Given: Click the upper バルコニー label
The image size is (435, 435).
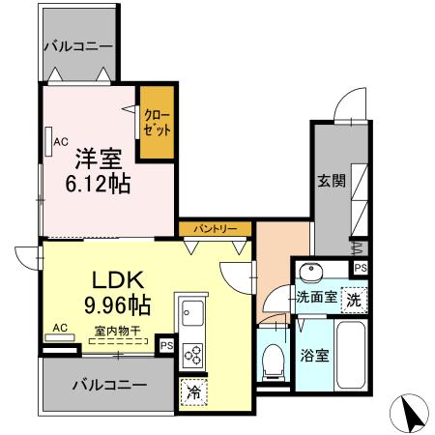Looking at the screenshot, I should click(77, 46).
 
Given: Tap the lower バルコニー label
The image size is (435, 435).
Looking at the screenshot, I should click(110, 384).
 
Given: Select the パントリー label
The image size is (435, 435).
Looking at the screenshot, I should click(216, 229).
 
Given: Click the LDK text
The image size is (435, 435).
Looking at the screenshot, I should click(118, 280).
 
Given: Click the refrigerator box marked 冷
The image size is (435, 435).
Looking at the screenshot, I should click(191, 391).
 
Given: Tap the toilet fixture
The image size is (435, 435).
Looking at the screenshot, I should click(275, 360).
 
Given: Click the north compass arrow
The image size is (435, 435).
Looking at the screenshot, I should click(410, 415).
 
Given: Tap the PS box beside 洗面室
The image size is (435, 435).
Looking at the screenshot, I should click(361, 268).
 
